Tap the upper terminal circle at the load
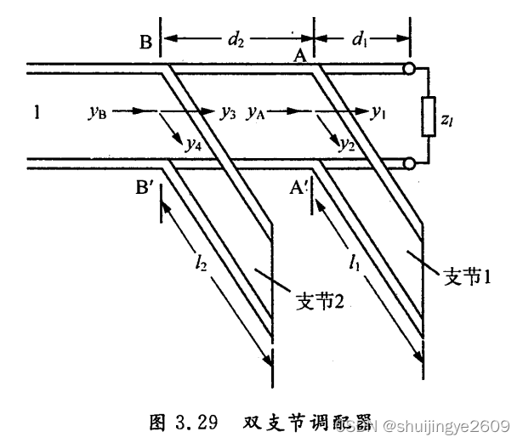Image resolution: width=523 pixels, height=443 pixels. (x=410, y=67)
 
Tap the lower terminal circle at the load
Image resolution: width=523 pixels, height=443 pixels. (x=410, y=162)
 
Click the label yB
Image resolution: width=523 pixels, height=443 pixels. (x=98, y=111)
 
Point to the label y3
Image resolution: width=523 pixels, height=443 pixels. (x=227, y=111)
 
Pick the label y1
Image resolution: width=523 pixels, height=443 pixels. (x=378, y=111)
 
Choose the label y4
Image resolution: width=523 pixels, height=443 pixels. (x=194, y=144)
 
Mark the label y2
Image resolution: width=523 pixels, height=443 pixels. (x=346, y=144)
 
